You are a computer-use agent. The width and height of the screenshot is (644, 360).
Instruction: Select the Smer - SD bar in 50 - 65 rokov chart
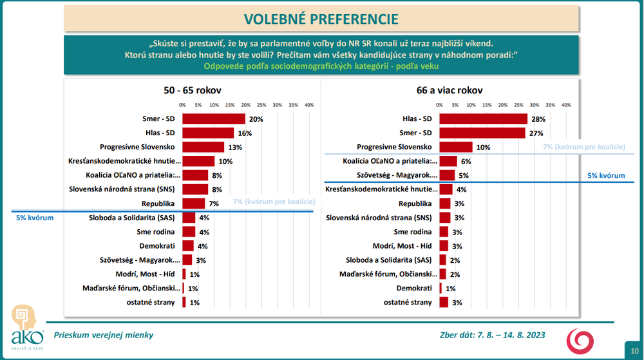point(214,119)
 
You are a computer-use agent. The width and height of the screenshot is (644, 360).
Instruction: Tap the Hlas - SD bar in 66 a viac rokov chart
point(483,119)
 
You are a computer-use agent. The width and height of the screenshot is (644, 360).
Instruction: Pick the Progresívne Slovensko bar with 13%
point(203,147)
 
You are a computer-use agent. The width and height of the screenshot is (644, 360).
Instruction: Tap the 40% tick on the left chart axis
point(308,105)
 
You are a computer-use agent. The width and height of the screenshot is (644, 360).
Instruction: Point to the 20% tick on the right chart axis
point(503,105)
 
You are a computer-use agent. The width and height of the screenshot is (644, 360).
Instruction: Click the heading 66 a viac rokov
point(450,91)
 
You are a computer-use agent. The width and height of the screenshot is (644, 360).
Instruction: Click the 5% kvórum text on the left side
point(35,218)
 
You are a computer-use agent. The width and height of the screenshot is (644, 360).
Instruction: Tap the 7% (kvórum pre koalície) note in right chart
point(584,147)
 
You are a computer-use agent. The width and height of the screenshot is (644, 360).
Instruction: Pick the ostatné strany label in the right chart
point(408,302)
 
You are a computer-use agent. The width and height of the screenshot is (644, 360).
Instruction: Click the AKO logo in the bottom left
point(27,327)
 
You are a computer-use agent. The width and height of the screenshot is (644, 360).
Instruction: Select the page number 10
point(634,350)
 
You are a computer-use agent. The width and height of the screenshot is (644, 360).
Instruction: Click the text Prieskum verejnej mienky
point(104,335)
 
